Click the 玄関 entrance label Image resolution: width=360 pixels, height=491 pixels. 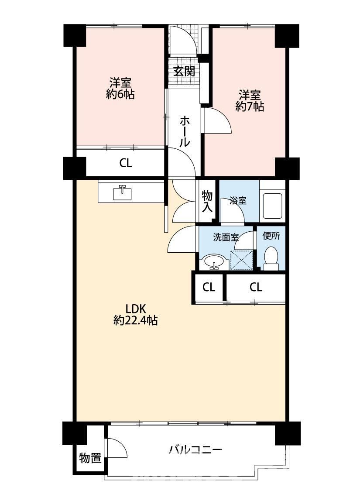185,72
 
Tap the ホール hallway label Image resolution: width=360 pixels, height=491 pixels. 185,131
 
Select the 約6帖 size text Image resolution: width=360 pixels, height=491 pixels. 120,94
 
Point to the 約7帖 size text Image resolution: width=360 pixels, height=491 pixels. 250,107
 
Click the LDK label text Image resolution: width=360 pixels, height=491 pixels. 136,309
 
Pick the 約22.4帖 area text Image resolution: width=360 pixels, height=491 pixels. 135,321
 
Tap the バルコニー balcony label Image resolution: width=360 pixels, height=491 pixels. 195,450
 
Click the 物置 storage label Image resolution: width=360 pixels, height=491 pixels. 90,458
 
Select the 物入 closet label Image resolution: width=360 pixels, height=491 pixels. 207,202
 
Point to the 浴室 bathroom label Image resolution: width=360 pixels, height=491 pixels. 238,201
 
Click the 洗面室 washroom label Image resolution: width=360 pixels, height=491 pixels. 226,237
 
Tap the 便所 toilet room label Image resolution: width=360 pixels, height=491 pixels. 271,236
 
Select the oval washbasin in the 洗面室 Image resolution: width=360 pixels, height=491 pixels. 214,261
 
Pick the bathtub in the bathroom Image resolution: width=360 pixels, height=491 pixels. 273,206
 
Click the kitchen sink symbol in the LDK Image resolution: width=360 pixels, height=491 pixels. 122,192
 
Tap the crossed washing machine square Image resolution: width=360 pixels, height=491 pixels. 241,260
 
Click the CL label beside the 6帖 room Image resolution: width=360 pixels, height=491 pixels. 126,163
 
